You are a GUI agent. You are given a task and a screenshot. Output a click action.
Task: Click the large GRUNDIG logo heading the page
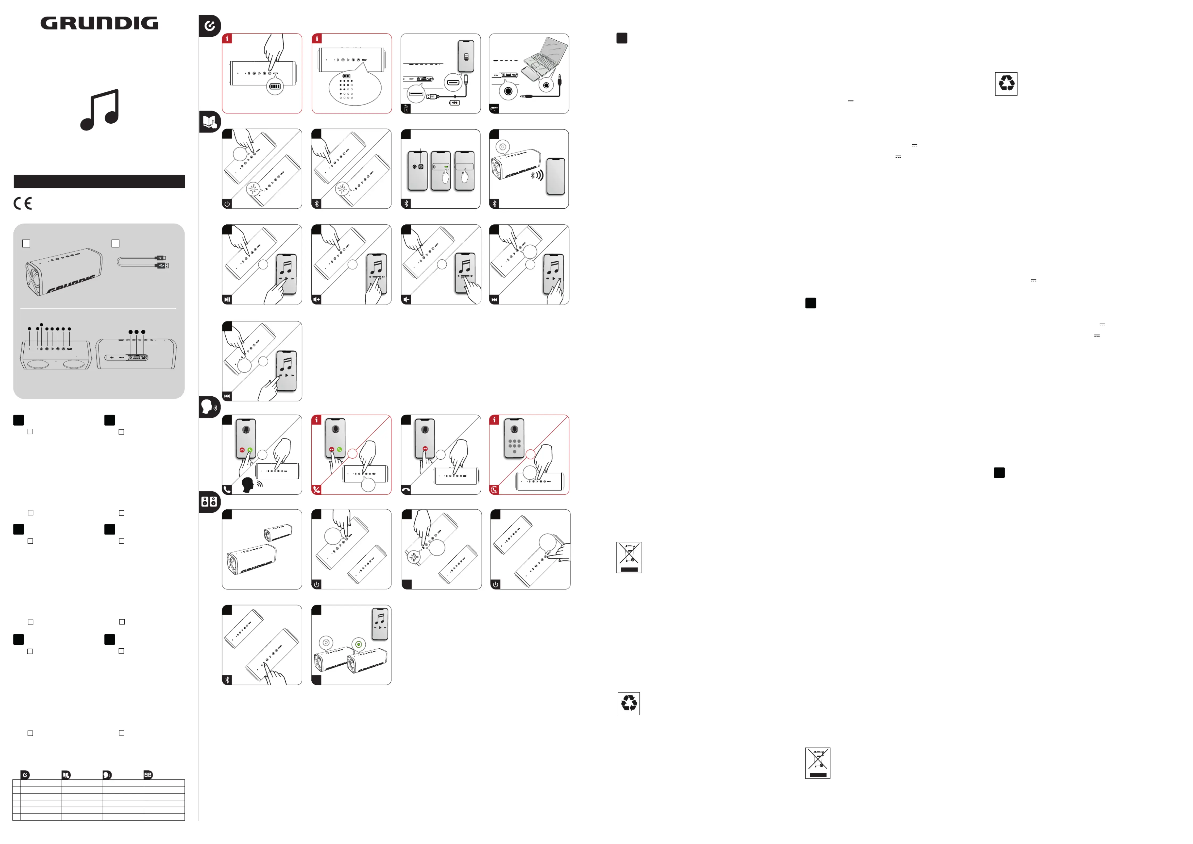[x=99, y=23]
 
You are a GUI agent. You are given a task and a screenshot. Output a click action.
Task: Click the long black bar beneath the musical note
[x=99, y=181]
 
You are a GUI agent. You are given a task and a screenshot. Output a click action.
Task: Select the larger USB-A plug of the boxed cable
[x=162, y=266]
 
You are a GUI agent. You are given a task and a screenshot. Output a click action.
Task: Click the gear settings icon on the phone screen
[x=415, y=167]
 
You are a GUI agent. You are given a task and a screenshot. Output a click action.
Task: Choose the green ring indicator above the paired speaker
[x=358, y=644]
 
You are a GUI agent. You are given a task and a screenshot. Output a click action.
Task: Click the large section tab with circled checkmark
[x=209, y=26]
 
